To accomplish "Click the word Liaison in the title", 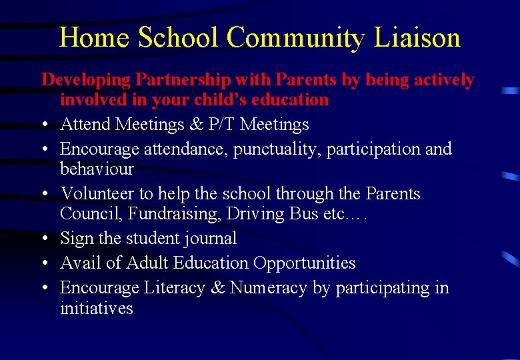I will click(417, 37).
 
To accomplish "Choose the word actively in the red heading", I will click(439, 80).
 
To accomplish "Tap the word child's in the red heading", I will click(215, 100).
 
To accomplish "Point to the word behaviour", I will click(97, 169).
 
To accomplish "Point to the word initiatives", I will click(97, 308).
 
